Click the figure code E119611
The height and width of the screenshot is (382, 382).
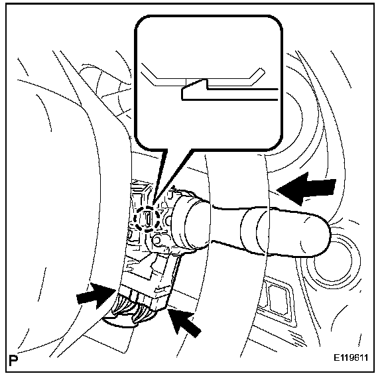coord(351,358)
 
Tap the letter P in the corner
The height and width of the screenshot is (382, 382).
coord(13,361)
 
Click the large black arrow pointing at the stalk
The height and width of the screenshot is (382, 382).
coord(306,188)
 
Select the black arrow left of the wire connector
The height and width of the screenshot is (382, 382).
coord(95,296)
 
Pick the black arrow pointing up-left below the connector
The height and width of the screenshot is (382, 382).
coord(184,322)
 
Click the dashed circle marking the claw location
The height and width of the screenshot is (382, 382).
coord(147,218)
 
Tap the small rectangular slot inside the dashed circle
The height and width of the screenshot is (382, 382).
coord(149,218)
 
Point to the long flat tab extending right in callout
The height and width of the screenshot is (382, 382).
coord(243,94)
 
